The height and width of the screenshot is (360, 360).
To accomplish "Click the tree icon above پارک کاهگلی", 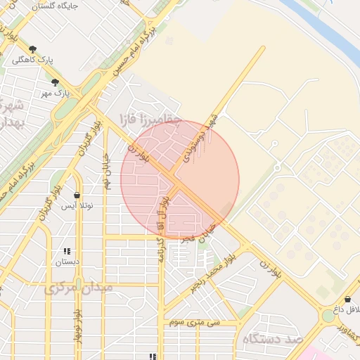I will point(32,49).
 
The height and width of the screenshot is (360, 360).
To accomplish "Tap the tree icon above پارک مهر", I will point(55,82).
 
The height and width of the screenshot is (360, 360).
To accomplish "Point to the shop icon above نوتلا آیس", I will point(77,195).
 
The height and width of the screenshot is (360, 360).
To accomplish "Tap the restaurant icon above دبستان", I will point(67,251).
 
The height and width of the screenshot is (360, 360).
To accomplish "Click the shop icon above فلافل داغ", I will point(347,300).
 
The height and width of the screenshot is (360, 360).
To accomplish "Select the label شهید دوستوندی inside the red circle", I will point(200,136).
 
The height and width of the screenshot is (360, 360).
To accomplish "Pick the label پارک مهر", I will point(55,93).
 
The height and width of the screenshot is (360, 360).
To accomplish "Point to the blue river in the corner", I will point(330,28).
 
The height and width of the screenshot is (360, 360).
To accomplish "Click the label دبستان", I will point(67,262).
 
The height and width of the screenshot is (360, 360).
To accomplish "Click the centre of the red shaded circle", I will point(180,179).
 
